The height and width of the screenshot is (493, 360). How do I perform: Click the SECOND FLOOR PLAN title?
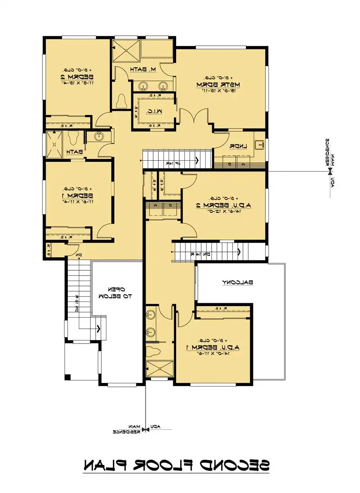click(177, 465)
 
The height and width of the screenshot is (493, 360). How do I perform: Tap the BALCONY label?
click(238, 282)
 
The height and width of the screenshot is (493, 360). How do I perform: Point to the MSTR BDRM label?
click(212, 84)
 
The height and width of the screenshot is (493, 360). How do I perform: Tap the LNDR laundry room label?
click(237, 146)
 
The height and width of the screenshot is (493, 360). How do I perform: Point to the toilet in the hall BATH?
click(74, 138)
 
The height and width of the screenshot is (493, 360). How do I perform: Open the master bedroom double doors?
click(193, 117)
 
